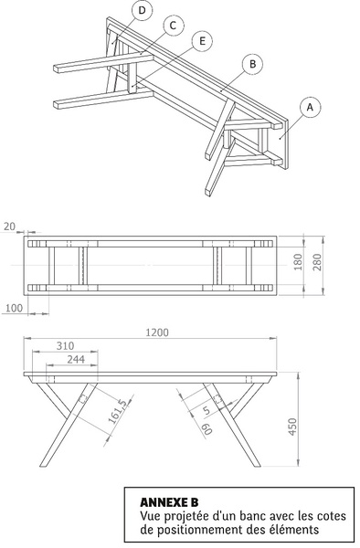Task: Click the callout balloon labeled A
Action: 310,108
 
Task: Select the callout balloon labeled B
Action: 253,64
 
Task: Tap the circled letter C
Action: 173,26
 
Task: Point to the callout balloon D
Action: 142,10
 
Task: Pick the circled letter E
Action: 202,41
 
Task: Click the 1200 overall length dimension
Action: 157,332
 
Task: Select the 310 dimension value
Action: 66,346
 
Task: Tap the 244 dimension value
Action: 76,359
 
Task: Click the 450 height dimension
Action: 292,427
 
